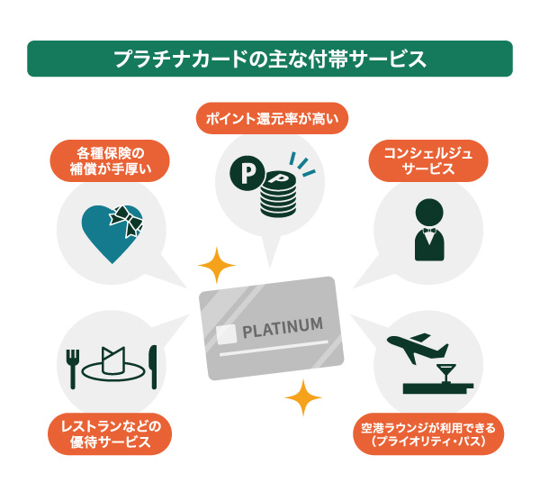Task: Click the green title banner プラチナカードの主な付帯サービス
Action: [x=270, y=59]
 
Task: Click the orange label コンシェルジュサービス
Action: [x=429, y=159]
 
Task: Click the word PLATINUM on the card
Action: [x=281, y=327]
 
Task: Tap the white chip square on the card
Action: [x=227, y=333]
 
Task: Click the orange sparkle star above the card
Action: [x=216, y=266]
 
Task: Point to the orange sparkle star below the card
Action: [x=303, y=397]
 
